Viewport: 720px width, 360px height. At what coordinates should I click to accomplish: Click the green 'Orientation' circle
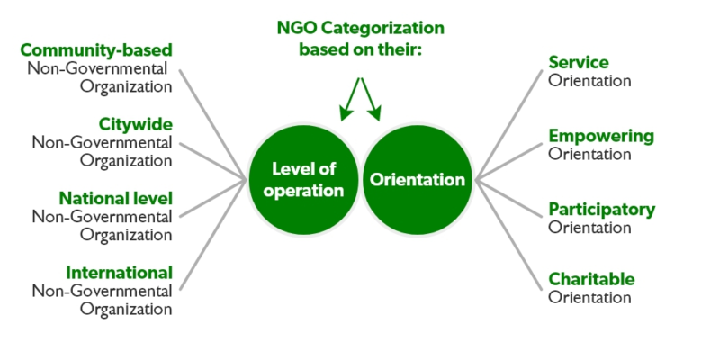(418, 180)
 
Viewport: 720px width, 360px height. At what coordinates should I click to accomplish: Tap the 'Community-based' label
(96, 49)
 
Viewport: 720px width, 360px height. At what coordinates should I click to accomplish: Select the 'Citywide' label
(135, 122)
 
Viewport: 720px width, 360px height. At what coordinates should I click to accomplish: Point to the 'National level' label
(115, 197)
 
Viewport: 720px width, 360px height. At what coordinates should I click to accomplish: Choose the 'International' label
(119, 271)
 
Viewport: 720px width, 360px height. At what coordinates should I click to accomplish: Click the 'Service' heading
(579, 62)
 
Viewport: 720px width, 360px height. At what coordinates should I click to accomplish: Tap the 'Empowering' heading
(601, 136)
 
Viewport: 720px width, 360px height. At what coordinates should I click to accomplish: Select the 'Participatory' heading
(602, 209)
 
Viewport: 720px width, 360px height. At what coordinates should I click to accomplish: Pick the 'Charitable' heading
(591, 279)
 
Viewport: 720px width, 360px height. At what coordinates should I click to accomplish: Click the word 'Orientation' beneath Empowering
(589, 154)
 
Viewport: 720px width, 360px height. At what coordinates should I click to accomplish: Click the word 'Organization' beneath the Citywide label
(125, 161)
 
